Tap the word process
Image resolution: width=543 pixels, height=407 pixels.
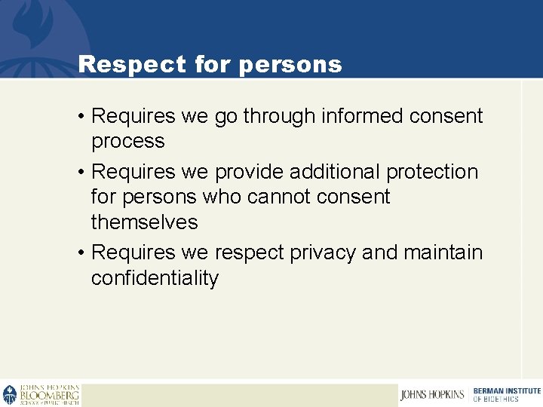coord(127,142)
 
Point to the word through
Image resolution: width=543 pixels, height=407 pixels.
coord(278,117)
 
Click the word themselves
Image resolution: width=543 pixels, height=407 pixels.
coord(144,222)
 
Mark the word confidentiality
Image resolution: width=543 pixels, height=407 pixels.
coord(155,278)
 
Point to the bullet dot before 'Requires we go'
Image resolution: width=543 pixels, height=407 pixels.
coord(80,117)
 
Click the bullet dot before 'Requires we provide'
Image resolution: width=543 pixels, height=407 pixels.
coord(80,173)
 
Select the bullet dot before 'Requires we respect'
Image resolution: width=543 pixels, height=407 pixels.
coord(80,252)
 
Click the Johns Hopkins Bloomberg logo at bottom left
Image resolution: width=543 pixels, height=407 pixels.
coord(41,395)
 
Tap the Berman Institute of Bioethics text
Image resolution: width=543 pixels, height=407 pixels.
coord(506,394)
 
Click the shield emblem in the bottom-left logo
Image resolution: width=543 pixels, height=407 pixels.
coord(10,395)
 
